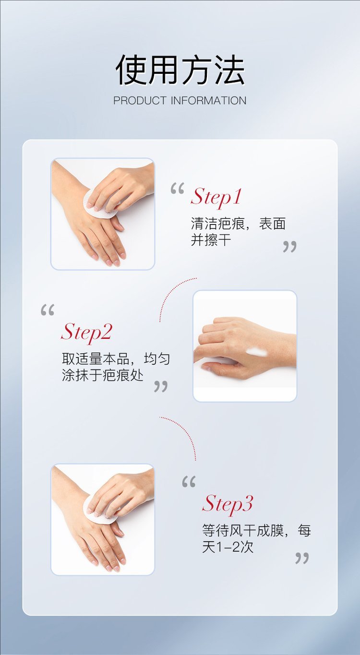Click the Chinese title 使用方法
click(x=180, y=70)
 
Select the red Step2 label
click(x=86, y=332)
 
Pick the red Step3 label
click(x=227, y=504)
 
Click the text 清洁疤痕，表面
click(x=238, y=224)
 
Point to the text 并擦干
click(x=211, y=240)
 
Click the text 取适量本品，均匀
click(x=116, y=359)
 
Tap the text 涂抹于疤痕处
click(x=102, y=375)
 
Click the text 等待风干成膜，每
click(x=256, y=530)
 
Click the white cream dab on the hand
click(x=257, y=352)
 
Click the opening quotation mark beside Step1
click(x=177, y=189)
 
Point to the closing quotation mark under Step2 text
click(x=161, y=387)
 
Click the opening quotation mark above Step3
click(x=189, y=482)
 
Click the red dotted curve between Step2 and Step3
click(x=185, y=432)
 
